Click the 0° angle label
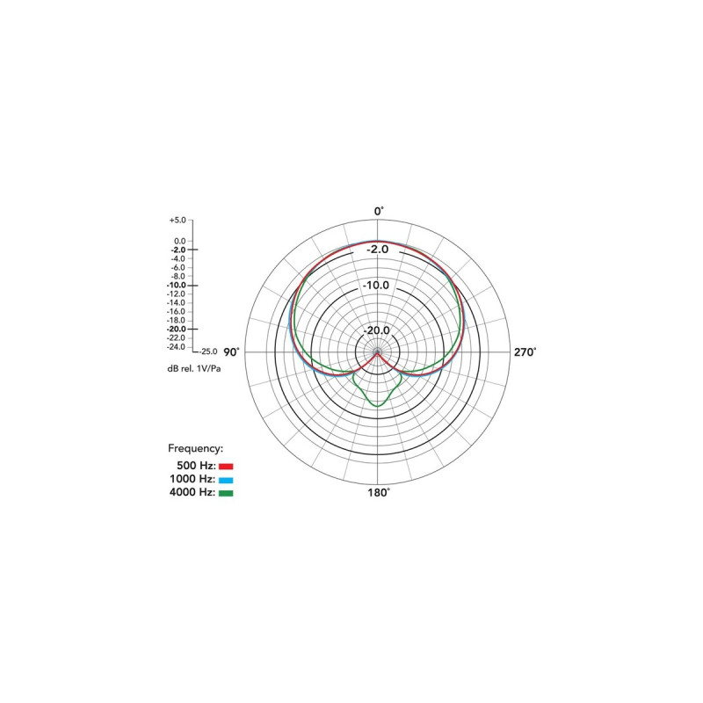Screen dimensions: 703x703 pyautogui.click(x=379, y=211)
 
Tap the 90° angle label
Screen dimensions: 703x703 pyautogui.click(x=231, y=352)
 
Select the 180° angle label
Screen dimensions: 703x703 pyautogui.click(x=379, y=493)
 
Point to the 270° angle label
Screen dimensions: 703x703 pyautogui.click(x=525, y=352)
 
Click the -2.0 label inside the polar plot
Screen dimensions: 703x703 pyautogui.click(x=378, y=250)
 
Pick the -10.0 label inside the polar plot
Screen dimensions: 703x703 pyautogui.click(x=376, y=285)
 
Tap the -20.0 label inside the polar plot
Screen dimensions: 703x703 pyautogui.click(x=376, y=330)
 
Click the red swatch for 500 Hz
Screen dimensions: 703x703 pyautogui.click(x=226, y=467)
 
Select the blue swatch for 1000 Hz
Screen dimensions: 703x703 pyautogui.click(x=226, y=480)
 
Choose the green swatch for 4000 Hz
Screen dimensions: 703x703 pyautogui.click(x=226, y=493)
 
